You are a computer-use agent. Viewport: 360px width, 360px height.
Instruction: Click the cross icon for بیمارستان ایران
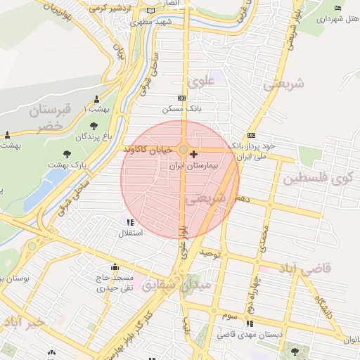pos(194,153)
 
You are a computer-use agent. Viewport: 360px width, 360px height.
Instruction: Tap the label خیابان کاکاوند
pos(144,150)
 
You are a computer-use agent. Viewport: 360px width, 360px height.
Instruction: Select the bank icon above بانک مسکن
pos(182,98)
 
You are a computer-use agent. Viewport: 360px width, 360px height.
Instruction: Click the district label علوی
pos(200,82)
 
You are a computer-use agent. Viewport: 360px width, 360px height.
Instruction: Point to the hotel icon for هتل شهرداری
pos(337,8)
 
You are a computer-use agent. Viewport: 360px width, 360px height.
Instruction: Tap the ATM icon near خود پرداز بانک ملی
pos(251,136)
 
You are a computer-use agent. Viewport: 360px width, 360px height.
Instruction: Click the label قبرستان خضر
pos(49,117)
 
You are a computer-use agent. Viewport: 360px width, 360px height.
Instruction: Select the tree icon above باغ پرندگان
pos(94,125)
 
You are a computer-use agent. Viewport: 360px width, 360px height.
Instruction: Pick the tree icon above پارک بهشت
pos(67,154)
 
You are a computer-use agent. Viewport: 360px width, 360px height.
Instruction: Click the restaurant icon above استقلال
pos(130,222)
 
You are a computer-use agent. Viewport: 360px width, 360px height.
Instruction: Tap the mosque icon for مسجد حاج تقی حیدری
pos(115,267)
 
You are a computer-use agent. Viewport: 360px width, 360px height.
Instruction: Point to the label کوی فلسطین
pos(317,178)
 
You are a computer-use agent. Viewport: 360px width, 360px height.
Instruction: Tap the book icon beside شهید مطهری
pos(151,12)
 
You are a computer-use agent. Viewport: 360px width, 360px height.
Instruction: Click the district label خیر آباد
pos(23,321)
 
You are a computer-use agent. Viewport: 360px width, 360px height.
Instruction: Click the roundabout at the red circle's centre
pos(183,150)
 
